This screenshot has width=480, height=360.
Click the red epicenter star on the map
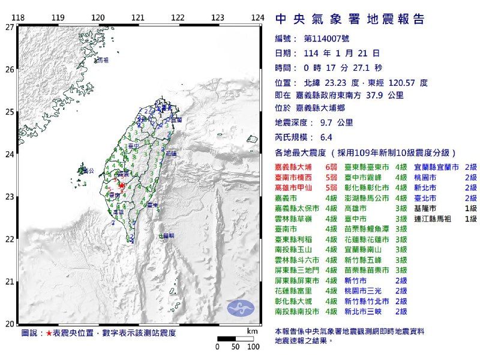pyautogui.click(x=121, y=186)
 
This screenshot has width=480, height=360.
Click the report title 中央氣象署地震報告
pyautogui.click(x=350, y=19)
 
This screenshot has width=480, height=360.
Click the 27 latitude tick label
pyautogui.click(x=10, y=27)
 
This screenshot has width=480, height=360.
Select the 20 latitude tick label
pyautogui.click(x=10, y=324)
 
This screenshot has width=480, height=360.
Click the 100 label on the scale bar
pyautogui.click(x=253, y=347)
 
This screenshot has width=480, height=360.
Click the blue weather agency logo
pyautogui.click(x=241, y=306)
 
